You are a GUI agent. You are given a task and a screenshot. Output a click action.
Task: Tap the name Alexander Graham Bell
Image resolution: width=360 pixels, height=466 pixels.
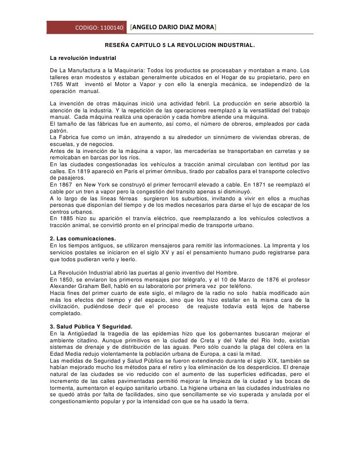click(x=82, y=286)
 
